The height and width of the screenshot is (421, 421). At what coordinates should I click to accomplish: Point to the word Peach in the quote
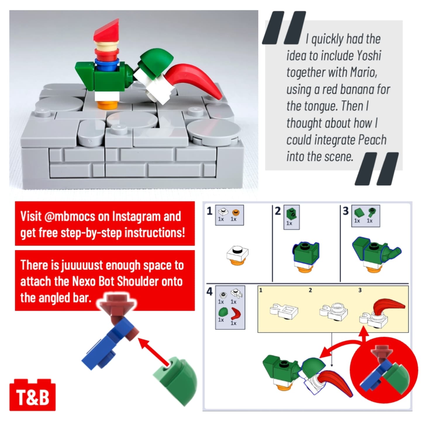(x=372, y=140)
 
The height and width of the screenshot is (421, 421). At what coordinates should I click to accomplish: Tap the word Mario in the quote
(x=363, y=72)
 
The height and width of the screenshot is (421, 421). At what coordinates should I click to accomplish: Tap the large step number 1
(x=210, y=211)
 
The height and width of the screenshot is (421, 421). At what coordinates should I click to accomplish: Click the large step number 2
(x=278, y=211)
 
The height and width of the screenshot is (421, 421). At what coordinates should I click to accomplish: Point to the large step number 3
(x=345, y=211)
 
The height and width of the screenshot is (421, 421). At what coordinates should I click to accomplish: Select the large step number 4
(x=210, y=292)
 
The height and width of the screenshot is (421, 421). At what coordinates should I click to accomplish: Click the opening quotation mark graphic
(x=284, y=27)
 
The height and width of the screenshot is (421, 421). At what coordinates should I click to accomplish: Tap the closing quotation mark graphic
(x=377, y=168)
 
